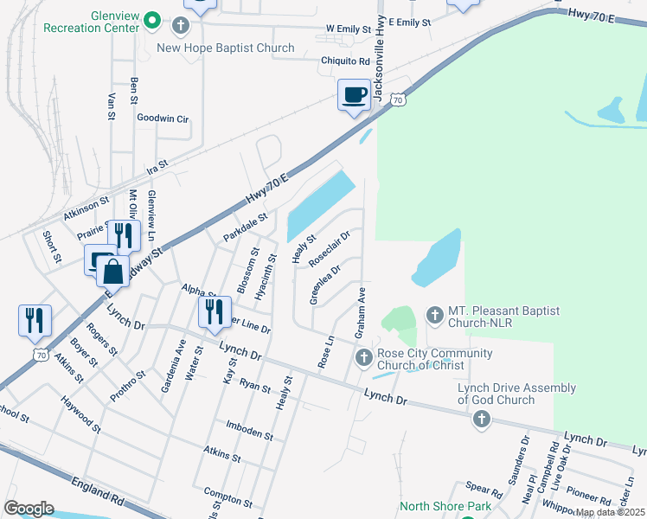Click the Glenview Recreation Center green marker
152,18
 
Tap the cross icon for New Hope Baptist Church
181,26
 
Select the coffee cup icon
354,95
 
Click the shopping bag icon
112,271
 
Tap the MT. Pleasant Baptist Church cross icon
434,313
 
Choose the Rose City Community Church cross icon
364,356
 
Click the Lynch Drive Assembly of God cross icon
481,420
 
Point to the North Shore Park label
445,506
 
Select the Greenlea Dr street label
325,285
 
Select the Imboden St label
249,431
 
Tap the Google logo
29,508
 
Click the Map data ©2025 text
610,512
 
